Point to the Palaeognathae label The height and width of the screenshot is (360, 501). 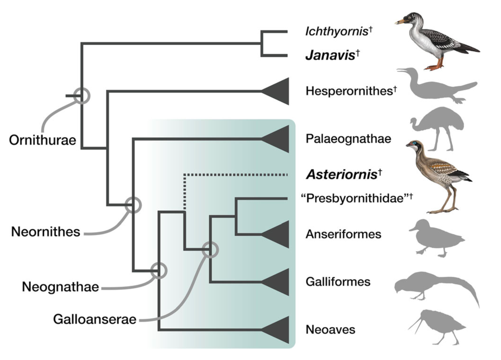pos(348,139)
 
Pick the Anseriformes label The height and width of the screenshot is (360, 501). pos(343,234)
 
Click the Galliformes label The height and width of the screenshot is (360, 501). pos(338,282)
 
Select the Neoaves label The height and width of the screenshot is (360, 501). pos(330,330)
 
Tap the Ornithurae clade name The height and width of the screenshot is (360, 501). pos(43,140)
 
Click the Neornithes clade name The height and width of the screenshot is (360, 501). pos(46,232)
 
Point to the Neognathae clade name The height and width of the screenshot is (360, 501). pos(60,287)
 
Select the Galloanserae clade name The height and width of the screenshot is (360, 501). pos(95,319)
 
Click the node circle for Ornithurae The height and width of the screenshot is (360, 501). pos(82,95)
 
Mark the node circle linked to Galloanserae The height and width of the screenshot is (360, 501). pos(210,250)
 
